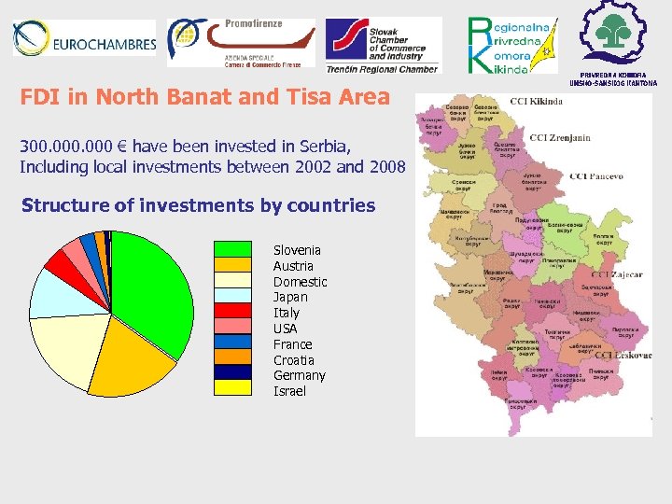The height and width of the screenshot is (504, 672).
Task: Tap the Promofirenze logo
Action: coord(241,42)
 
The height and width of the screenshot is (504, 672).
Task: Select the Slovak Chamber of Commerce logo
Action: coord(383,45)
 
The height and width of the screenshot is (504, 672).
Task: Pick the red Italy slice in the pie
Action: coord(62,264)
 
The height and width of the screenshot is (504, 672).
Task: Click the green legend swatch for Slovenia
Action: coord(233,249)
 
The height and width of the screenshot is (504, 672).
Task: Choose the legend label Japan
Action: coord(290,297)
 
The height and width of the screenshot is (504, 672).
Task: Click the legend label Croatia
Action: coord(293,360)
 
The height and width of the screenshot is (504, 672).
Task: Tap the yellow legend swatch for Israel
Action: coord(233,388)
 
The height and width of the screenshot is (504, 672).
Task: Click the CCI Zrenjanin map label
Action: coord(560,138)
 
